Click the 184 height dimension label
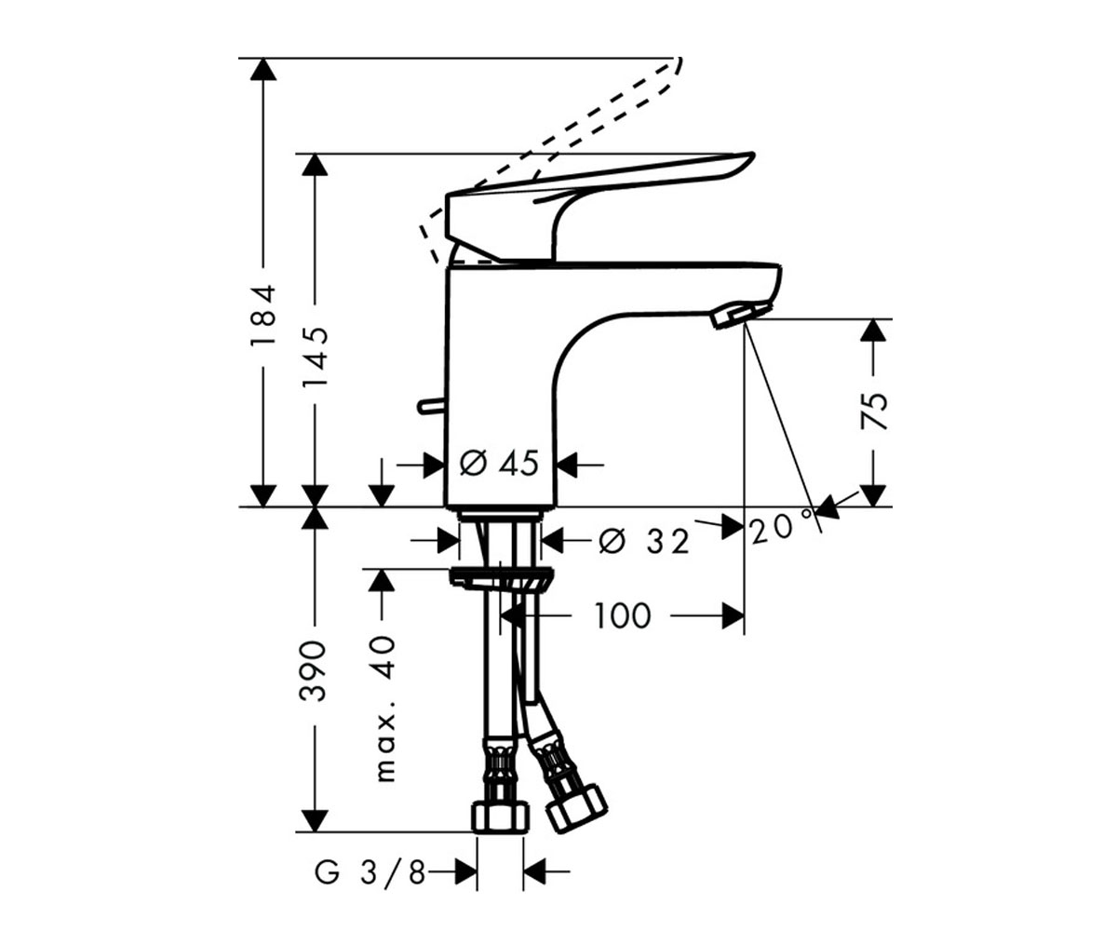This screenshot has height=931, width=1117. [263, 316]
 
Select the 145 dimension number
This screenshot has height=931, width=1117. [315, 358]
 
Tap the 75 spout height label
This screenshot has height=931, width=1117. [874, 411]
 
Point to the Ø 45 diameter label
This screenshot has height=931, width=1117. [499, 463]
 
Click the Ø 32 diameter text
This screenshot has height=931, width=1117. [643, 541]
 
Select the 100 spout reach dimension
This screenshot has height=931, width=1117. [623, 615]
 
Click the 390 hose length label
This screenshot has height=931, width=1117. [313, 670]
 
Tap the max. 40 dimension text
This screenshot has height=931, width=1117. [384, 708]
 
